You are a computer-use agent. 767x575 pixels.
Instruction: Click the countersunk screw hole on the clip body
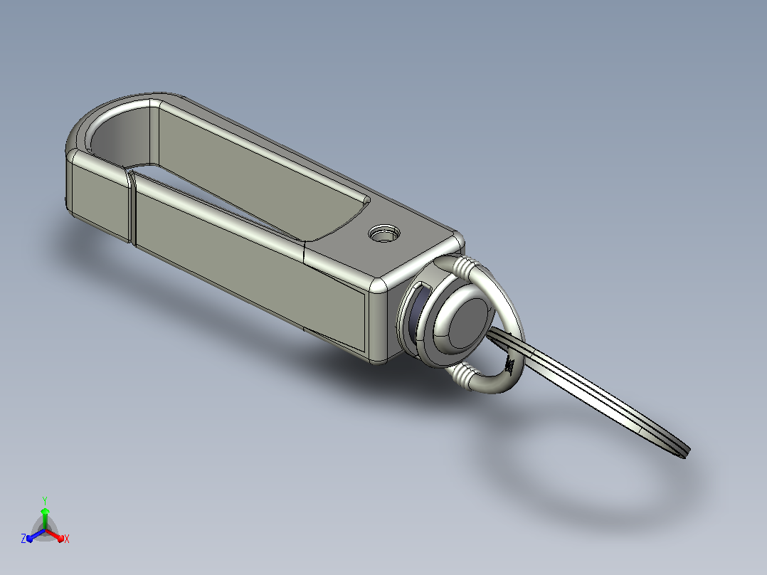384,233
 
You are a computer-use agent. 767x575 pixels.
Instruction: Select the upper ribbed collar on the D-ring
465,268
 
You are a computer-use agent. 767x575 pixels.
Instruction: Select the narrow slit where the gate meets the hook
132,206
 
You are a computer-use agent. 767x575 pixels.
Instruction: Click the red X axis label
67,539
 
